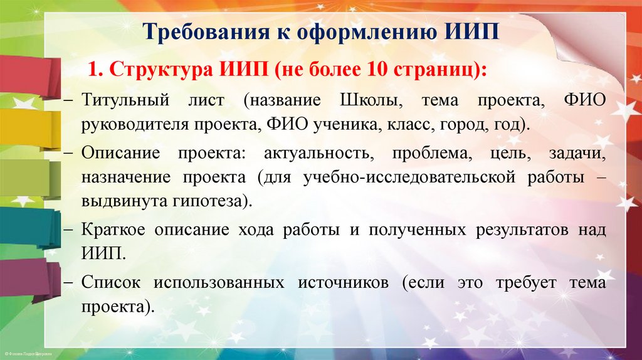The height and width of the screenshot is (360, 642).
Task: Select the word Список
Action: point(108,283)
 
